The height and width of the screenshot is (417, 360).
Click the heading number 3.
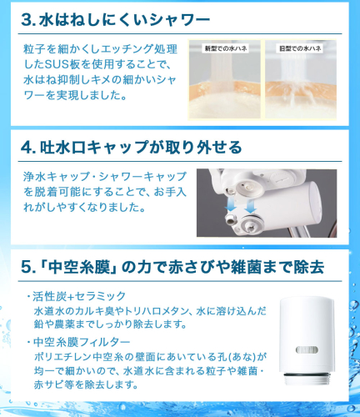tap(28, 20)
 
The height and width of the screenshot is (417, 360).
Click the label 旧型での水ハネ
tap(300, 48)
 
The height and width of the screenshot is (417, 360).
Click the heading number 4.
tap(28, 147)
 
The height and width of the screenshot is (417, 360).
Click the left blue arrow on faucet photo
tap(231, 205)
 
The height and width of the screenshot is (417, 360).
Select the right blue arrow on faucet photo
tap(251, 206)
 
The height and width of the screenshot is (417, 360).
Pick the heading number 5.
tap(28, 268)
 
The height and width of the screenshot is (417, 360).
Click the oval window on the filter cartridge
tap(307, 349)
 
